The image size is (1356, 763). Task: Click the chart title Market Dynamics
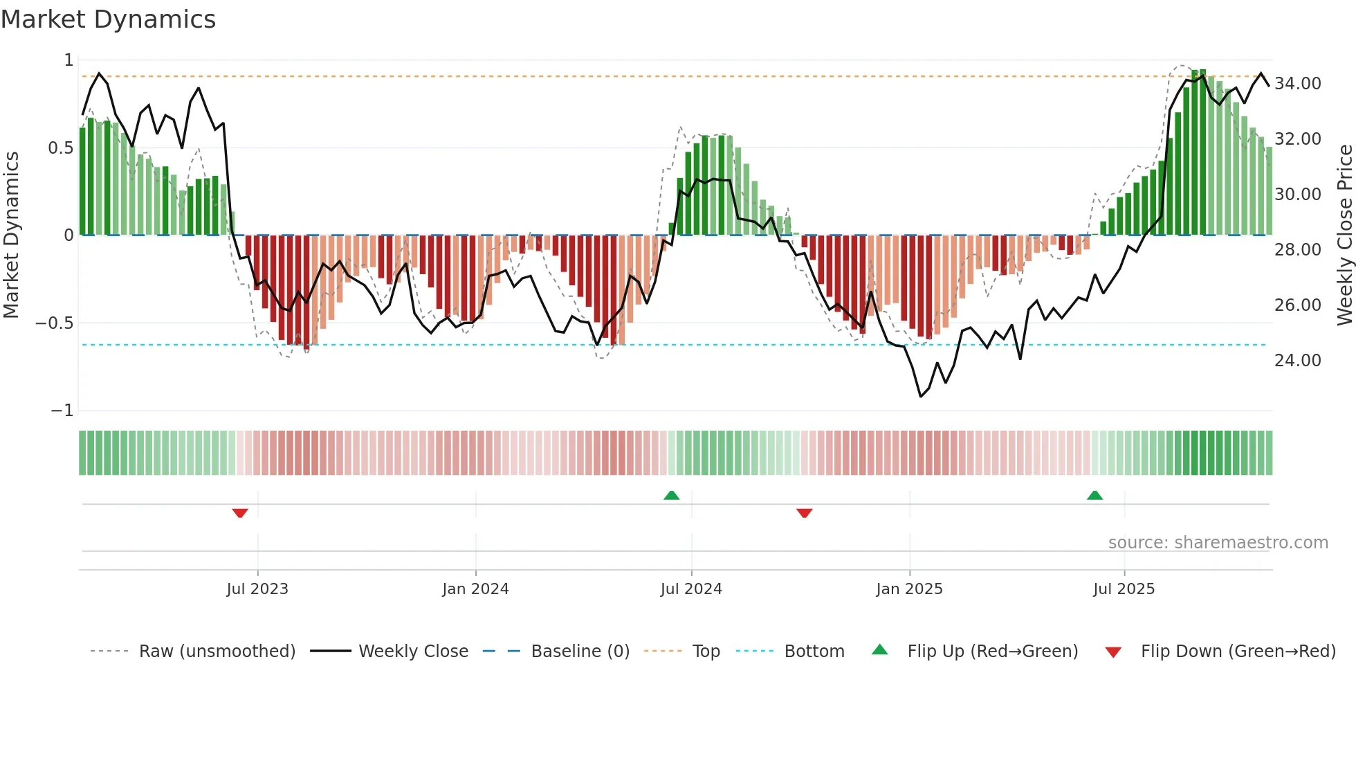coord(108,19)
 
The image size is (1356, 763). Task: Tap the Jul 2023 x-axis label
coord(257,589)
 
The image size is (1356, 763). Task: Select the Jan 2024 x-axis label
coord(475,589)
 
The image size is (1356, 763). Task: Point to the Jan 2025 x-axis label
coord(909,589)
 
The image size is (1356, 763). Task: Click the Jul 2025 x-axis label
coord(1124,589)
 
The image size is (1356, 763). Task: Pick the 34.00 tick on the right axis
coord(1297,84)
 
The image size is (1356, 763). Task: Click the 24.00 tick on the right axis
coord(1297,361)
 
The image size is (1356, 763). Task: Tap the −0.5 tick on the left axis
coord(54,323)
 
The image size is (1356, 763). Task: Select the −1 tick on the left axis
coord(62,411)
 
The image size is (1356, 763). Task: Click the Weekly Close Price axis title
coord(1344,235)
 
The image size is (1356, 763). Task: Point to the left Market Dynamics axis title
coord(11,235)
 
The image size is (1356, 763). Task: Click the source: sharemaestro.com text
coord(1218,543)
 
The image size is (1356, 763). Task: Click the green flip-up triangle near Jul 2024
coord(671,495)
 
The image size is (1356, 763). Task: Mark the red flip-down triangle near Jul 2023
coord(240,513)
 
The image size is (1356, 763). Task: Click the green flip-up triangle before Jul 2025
coord(1094,495)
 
